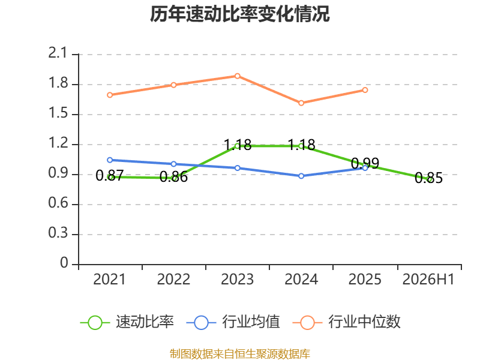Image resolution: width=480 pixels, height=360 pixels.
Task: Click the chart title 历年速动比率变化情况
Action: click(239, 14)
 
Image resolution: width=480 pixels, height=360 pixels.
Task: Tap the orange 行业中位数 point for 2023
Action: click(237, 76)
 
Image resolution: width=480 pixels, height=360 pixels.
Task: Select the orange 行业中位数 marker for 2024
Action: click(301, 103)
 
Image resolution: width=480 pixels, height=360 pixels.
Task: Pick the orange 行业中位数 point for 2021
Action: click(110, 95)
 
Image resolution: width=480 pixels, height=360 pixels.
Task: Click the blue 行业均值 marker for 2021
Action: click(110, 160)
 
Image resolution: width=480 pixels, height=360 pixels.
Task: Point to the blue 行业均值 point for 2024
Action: click(301, 176)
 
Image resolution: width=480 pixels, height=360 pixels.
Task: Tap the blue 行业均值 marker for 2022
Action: click(173, 164)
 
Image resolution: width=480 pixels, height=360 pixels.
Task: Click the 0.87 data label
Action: click(110, 176)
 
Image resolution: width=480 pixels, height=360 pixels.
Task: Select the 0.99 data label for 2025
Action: click(365, 163)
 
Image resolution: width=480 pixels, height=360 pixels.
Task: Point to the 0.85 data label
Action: click(428, 178)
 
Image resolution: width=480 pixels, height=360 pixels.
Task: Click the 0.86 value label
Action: click(173, 177)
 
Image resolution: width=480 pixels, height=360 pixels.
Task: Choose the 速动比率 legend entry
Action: click(127, 322)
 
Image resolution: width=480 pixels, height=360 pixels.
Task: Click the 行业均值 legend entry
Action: click(233, 322)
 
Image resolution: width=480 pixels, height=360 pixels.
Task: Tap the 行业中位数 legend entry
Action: click(347, 322)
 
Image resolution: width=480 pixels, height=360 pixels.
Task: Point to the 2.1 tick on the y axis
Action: click(58, 53)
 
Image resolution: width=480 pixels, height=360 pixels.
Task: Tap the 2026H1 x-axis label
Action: click(428, 279)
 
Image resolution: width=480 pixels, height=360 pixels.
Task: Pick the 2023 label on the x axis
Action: click(237, 279)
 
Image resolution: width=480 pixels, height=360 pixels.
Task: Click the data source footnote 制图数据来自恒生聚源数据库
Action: click(239, 354)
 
